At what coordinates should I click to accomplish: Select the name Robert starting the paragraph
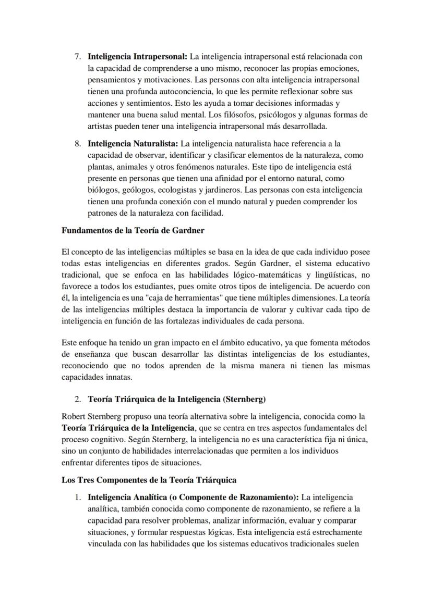(x=74, y=416)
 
